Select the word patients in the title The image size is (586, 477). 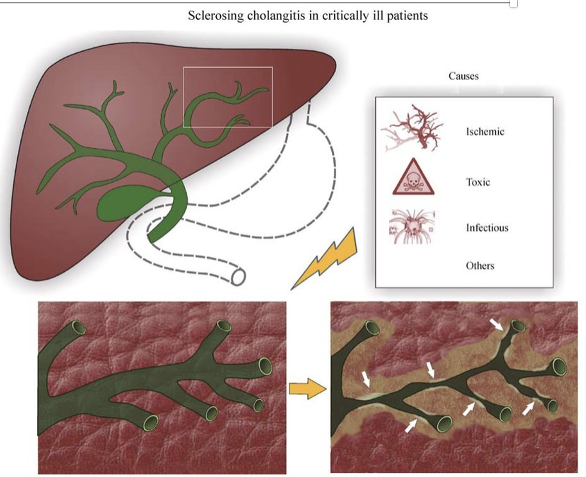click(407, 16)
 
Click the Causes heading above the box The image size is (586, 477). click(463, 76)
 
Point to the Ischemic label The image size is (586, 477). click(485, 131)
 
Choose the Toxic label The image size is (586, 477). click(478, 182)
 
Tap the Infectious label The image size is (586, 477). click(487, 227)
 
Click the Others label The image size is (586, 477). click(480, 265)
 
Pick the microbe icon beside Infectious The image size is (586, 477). click(412, 227)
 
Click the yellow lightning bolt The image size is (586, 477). click(325, 259)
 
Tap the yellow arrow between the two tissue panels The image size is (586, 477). click(307, 389)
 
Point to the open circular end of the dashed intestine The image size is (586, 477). click(238, 277)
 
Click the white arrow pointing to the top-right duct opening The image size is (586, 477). click(497, 324)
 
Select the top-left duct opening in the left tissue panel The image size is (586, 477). click(79, 328)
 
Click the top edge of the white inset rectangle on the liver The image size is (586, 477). click(228, 67)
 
